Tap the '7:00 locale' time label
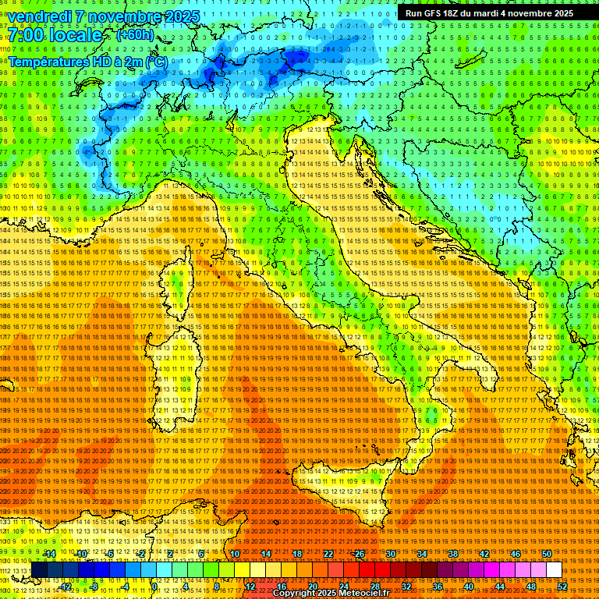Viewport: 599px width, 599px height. tap(55, 35)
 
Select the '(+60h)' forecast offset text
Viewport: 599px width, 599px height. tap(135, 35)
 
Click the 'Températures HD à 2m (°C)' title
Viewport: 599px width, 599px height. tap(87, 61)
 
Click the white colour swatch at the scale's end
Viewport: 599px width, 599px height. tap(554, 570)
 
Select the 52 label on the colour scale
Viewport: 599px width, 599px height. tap(562, 587)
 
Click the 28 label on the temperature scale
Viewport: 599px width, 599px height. tap(374, 587)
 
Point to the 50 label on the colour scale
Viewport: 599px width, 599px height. tap(546, 554)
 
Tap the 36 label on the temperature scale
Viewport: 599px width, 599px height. tap(437, 587)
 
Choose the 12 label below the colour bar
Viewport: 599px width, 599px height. tap(250, 587)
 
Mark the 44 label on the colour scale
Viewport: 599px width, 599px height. tap(499, 587)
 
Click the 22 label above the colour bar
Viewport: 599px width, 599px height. tap(328, 554)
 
